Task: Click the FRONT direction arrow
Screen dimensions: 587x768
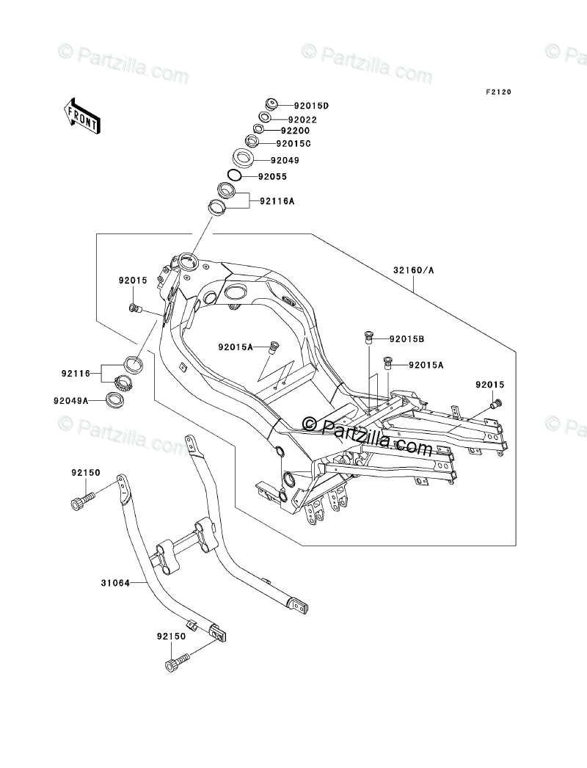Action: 81,115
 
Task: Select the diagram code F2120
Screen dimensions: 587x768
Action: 498,92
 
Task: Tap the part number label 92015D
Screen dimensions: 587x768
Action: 311,105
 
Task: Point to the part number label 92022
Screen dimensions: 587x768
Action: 302,120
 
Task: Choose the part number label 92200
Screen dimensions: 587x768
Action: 295,131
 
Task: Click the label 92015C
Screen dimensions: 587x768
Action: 293,144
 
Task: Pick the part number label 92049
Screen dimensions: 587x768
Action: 285,160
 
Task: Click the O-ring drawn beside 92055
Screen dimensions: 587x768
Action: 234,175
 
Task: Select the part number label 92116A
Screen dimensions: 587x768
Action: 277,201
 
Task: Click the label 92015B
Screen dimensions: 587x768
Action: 406,338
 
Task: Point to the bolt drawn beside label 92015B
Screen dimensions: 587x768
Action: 368,338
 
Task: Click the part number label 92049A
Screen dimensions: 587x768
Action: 71,401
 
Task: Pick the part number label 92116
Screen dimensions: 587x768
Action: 76,373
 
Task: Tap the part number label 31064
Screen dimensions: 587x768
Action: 115,583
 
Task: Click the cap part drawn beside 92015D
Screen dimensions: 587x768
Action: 271,104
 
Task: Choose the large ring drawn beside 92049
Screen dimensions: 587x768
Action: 242,158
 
